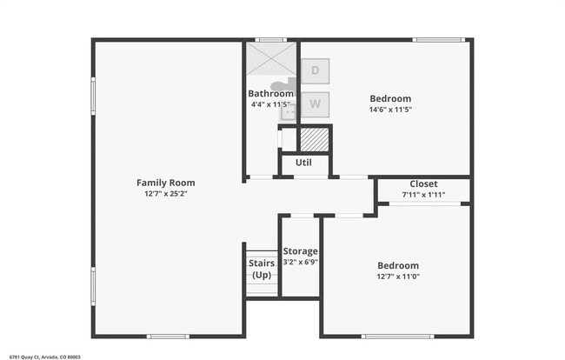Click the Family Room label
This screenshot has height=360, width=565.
(x=165, y=183)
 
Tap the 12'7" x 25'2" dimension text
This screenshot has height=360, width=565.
(x=165, y=194)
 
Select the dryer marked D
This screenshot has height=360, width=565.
(x=315, y=70)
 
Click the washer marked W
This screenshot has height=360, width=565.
(x=315, y=104)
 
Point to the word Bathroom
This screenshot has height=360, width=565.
(x=269, y=94)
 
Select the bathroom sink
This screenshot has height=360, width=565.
(x=289, y=110)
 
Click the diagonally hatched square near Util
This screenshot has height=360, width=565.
(x=315, y=139)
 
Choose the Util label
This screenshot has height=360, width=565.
(x=303, y=163)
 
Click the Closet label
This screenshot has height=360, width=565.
(x=423, y=184)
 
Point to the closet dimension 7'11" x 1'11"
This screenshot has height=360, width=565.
(x=423, y=195)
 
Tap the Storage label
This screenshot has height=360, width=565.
(x=300, y=251)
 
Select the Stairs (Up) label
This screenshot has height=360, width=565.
(x=262, y=269)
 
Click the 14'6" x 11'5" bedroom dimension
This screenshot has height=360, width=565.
(x=390, y=110)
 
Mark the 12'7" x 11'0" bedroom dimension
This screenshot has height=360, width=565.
(x=397, y=277)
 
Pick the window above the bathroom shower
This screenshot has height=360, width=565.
(x=270, y=39)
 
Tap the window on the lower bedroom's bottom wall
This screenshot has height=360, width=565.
(x=396, y=337)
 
